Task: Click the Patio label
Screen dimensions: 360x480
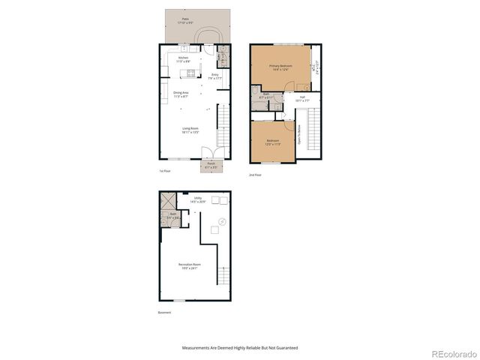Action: pos(184,21)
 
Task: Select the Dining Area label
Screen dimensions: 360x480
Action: pos(181,94)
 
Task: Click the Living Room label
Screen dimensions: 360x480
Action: pos(190,129)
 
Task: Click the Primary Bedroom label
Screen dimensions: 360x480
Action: pos(280,67)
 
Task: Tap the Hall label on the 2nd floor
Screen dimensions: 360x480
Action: pos(302,98)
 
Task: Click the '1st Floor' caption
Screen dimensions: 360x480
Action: pos(165,171)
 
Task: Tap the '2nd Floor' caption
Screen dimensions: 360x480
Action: pos(256,175)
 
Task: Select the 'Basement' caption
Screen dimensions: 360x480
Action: pos(166,313)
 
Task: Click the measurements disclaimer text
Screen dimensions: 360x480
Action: pos(240,348)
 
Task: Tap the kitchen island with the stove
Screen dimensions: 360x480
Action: pos(190,73)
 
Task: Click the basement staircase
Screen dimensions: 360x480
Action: pos(222,277)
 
